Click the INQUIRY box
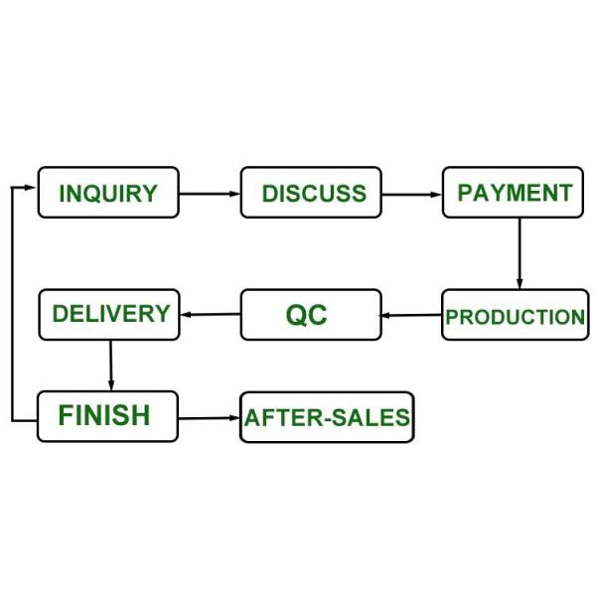coord(108,193)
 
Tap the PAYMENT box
coord(514,193)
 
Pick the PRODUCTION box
coord(515,316)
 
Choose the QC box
coord(311,315)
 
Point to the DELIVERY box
coord(109,314)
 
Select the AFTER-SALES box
coord(327,417)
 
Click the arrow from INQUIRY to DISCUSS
coord(210,194)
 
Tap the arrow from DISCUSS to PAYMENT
coord(411,194)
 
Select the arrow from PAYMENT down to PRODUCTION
coord(519,253)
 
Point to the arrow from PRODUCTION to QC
coord(411,316)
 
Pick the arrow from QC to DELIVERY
coord(210,315)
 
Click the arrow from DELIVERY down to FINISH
coord(110,365)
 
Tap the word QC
coord(306,315)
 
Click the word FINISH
coord(103,415)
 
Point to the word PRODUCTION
coord(515,318)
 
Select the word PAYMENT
coord(514,193)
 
